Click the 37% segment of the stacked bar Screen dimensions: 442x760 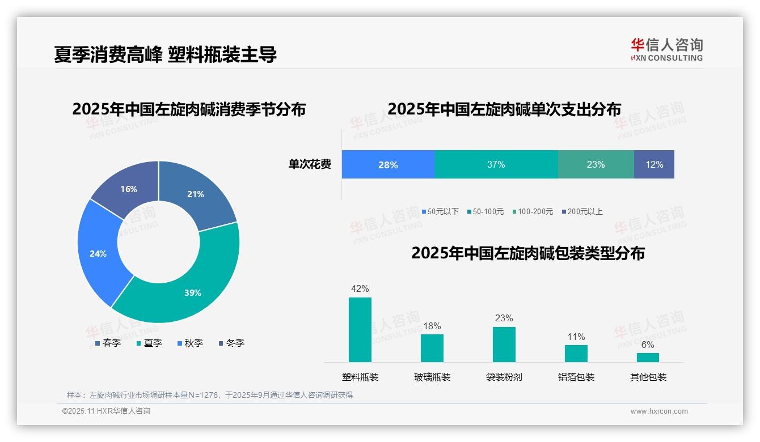click(x=496, y=164)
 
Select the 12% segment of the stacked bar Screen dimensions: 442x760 click(x=654, y=164)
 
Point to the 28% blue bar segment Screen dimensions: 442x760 click(x=388, y=164)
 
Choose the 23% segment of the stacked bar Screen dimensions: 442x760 click(x=596, y=164)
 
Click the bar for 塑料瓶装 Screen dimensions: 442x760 click(x=360, y=330)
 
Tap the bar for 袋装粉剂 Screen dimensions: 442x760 click(x=504, y=345)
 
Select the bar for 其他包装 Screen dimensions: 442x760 click(x=648, y=358)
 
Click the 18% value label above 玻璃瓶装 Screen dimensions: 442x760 click(x=432, y=326)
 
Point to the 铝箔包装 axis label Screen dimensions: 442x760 click(x=576, y=377)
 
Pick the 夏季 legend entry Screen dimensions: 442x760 click(x=149, y=343)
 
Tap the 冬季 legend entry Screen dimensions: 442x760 click(x=231, y=343)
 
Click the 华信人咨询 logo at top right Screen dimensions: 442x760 click(x=666, y=49)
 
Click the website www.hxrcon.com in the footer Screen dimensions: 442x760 click(x=659, y=411)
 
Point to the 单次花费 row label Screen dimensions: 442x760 click(x=310, y=164)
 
